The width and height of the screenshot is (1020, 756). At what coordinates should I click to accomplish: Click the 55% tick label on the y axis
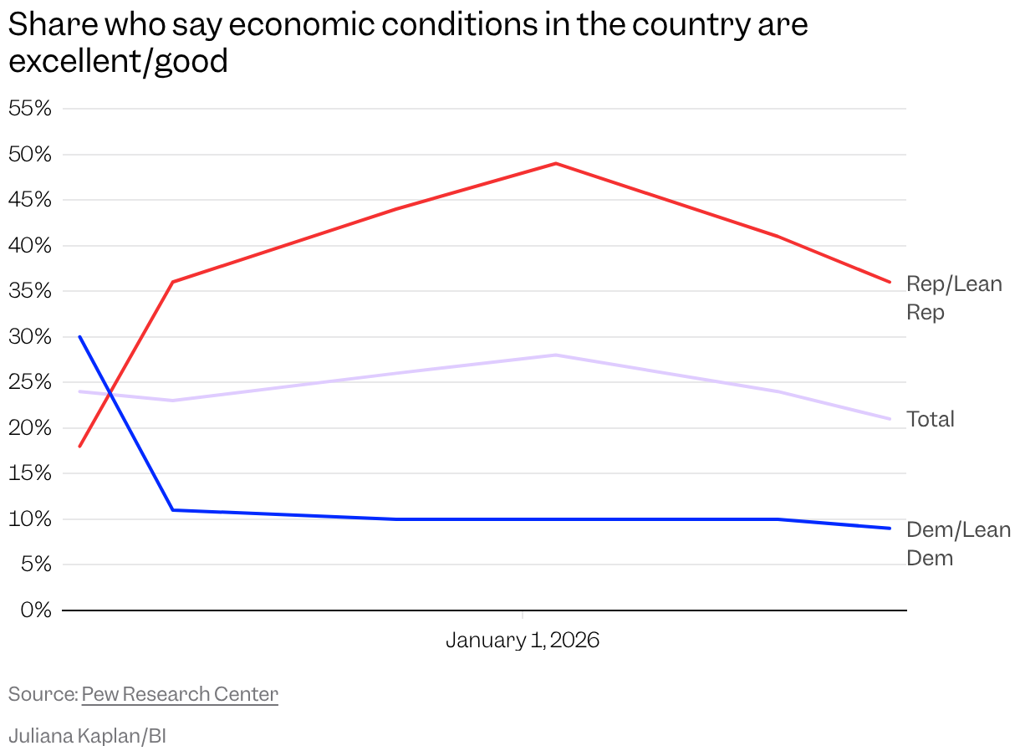[x=30, y=109]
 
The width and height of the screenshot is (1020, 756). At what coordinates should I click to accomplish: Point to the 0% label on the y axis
[x=36, y=610]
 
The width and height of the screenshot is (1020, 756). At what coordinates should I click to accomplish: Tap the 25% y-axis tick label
[x=30, y=382]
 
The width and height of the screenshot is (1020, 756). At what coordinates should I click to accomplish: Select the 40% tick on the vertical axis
[x=30, y=245]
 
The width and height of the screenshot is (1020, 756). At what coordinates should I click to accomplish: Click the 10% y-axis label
[x=30, y=519]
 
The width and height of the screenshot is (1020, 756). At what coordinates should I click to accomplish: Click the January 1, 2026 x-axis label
[x=523, y=640]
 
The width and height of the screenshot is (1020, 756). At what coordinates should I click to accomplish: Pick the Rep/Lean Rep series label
[x=954, y=298]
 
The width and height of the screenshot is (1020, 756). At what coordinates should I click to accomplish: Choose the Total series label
[x=930, y=419]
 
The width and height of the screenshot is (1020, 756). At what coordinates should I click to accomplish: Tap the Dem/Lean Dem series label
[x=958, y=544]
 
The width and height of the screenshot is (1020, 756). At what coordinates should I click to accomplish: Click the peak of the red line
[x=556, y=163]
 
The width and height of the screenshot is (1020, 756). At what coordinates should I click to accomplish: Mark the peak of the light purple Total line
[x=556, y=355]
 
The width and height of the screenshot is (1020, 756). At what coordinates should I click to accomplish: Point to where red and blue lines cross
[x=110, y=393]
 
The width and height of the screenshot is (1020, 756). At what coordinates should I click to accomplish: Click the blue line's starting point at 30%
[x=80, y=337]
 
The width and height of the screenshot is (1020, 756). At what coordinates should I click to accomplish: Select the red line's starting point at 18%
[x=80, y=447]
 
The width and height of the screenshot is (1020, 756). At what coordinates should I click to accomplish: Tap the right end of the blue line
[x=890, y=529]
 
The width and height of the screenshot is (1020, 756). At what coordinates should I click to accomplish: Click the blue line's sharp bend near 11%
[x=172, y=510]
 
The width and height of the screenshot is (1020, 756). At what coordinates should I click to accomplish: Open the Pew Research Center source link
[x=180, y=694]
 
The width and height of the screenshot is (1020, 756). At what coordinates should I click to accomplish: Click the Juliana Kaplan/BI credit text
[x=88, y=736]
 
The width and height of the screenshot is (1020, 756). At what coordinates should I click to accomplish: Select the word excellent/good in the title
[x=118, y=61]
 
